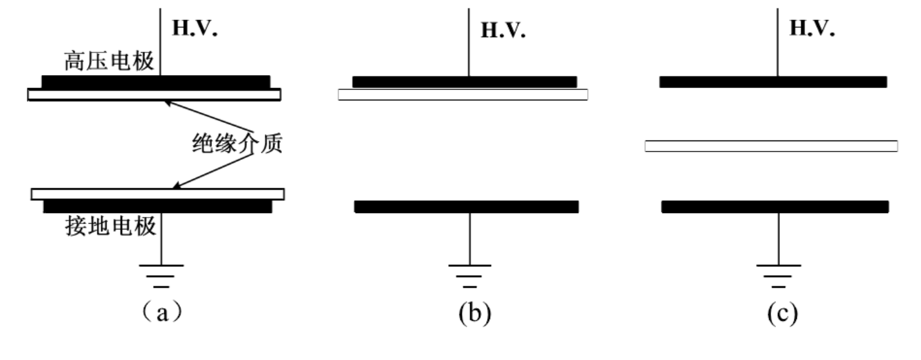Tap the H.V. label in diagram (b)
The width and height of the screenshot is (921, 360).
(x=502, y=30)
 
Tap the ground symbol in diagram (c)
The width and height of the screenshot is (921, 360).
(x=779, y=275)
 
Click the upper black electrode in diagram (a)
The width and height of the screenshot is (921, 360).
(x=155, y=82)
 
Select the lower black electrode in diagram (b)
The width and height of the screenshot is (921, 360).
(x=466, y=207)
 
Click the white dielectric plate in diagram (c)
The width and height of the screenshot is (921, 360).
(x=771, y=146)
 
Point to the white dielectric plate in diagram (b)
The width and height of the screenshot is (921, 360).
(x=463, y=95)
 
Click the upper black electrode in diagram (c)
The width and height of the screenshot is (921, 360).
(x=773, y=82)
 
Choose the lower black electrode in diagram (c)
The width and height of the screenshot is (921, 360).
(x=775, y=207)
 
